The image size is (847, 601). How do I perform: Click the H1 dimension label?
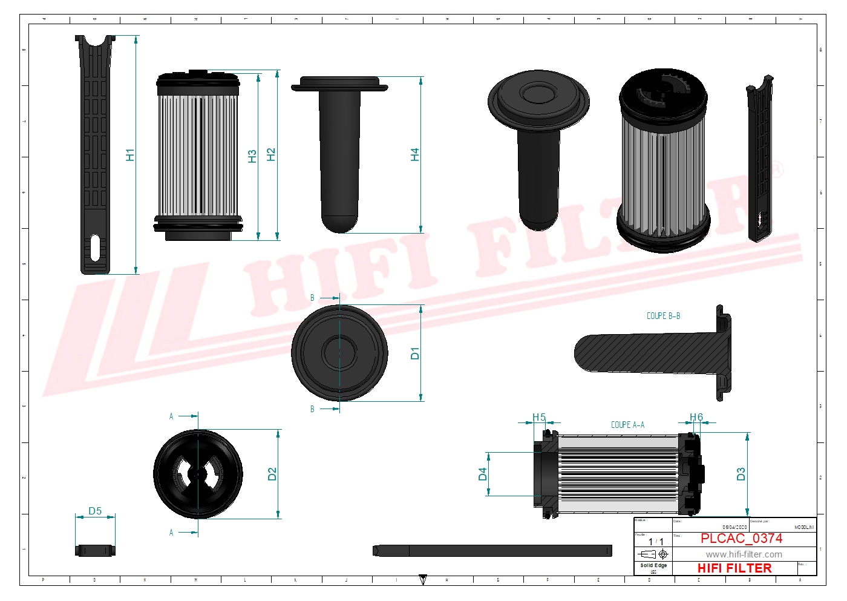point(130,155)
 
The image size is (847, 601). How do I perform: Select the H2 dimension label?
point(271,155)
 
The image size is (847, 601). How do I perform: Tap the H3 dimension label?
point(252,156)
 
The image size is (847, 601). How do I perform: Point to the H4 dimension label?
point(414,155)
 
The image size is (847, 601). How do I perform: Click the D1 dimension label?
point(414,353)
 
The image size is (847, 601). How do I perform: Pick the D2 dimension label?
point(272,474)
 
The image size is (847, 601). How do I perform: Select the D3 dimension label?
point(741,474)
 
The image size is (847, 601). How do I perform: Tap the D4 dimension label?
point(482,474)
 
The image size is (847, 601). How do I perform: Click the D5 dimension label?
point(95,511)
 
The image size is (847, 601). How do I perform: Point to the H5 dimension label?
point(539,417)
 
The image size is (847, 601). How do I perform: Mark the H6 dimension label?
point(696,417)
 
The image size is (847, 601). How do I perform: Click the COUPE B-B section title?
point(663,316)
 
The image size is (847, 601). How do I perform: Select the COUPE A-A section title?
point(627,425)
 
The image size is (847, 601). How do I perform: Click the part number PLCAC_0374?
point(741,538)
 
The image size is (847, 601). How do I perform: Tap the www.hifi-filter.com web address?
point(744,554)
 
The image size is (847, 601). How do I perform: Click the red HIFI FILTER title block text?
point(734,568)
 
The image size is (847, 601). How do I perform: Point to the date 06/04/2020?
point(734,527)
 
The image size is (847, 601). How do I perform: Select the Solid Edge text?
point(653,565)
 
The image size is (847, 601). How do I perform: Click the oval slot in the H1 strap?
point(95,248)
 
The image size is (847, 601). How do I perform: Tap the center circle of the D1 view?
point(339,353)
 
